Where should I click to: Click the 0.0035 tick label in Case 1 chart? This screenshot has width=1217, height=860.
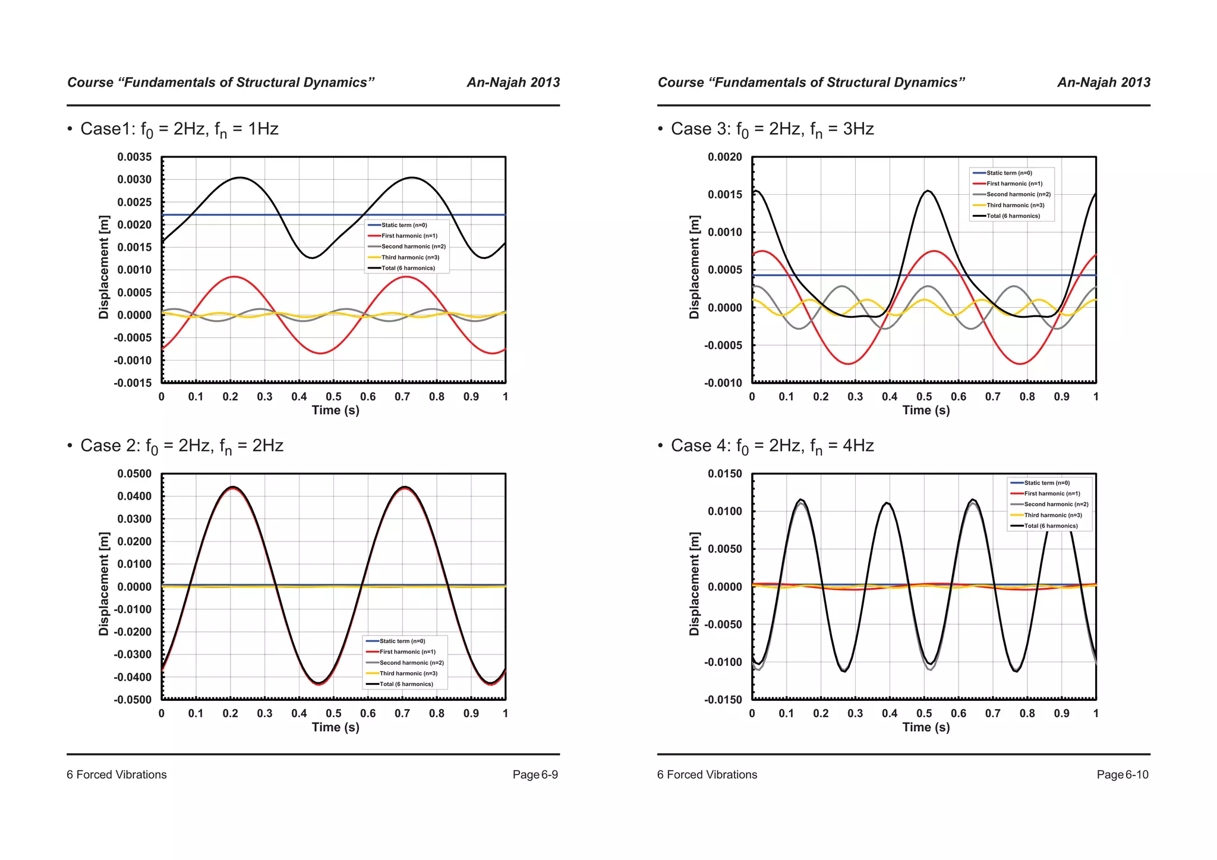[134, 157]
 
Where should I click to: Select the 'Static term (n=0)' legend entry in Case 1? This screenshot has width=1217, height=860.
[404, 225]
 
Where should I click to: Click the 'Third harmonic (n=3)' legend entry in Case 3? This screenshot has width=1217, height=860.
[1015, 205]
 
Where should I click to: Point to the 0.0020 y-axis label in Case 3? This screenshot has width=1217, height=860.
[725, 157]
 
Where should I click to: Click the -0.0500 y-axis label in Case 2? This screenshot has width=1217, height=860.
[133, 700]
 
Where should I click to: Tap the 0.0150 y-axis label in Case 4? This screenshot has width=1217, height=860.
[725, 474]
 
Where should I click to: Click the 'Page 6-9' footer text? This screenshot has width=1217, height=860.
[535, 774]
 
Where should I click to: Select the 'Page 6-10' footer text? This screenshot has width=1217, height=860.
[1123, 774]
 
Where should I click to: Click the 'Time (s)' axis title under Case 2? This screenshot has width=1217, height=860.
[336, 727]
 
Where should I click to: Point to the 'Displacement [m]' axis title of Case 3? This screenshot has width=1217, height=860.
[694, 267]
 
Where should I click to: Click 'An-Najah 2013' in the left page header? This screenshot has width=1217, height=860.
[513, 83]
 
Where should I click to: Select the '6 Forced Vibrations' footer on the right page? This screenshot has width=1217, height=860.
[707, 774]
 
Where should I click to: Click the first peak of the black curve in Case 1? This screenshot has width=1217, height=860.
[240, 178]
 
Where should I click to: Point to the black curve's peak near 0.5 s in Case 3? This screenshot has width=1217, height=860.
[928, 191]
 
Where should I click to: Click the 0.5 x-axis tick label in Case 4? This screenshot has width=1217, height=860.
[924, 713]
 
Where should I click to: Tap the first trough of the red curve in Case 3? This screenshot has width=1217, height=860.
[849, 363]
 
